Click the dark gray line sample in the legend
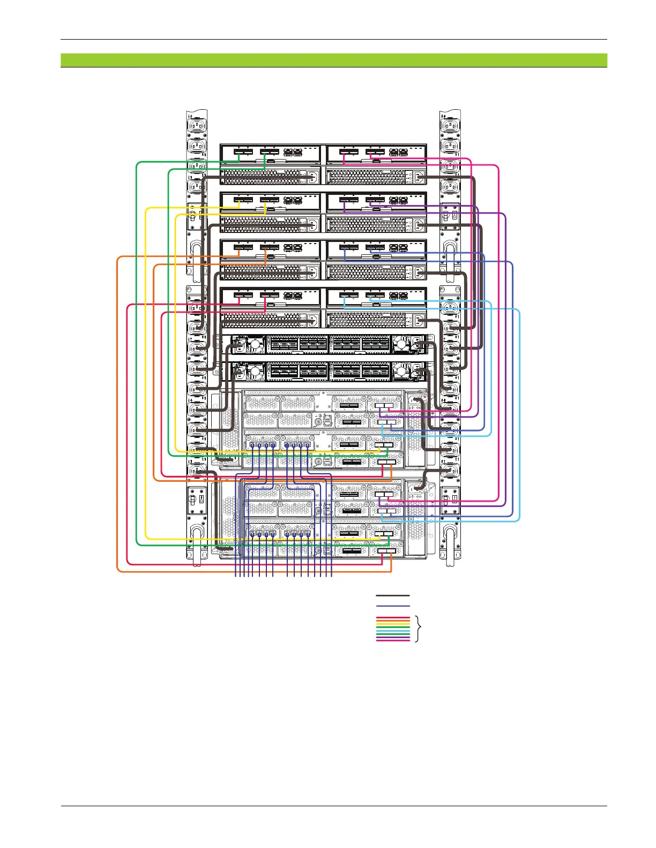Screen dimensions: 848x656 click(393, 595)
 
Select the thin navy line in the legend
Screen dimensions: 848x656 click(393, 606)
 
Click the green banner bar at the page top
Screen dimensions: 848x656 click(333, 59)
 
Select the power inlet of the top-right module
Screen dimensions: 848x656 click(418, 177)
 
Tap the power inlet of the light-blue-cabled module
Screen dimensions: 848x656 click(418, 321)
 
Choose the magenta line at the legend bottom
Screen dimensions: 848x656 click(393, 640)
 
